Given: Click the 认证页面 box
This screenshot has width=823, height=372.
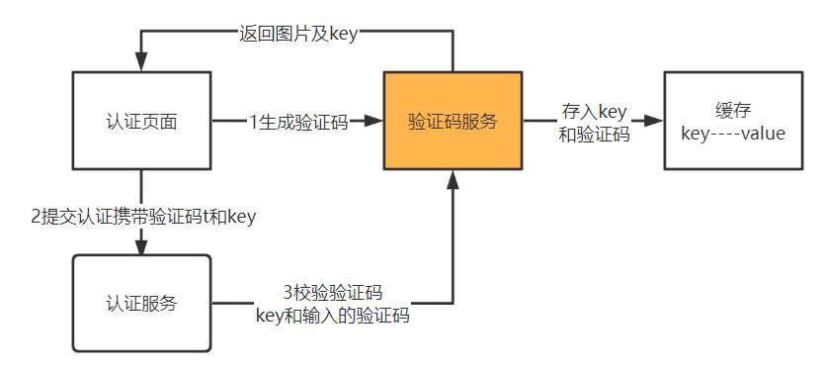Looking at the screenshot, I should tap(141, 120).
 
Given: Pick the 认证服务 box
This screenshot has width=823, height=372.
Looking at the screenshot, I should tap(141, 303).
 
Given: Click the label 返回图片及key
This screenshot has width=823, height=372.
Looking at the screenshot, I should tap(298, 34).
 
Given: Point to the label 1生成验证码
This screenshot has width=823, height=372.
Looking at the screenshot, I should tap(298, 122).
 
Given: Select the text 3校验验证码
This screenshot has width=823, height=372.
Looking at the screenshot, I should tap(333, 293).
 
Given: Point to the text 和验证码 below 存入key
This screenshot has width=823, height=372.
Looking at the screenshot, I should tap(594, 135).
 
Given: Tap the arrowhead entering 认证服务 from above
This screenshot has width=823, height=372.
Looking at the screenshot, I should tap(141, 247).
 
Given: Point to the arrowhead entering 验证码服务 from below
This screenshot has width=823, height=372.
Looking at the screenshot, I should tap(453, 178).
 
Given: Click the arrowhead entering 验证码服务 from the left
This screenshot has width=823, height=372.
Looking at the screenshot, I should tap(372, 121).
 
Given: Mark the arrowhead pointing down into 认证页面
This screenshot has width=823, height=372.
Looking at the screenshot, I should tap(141, 62).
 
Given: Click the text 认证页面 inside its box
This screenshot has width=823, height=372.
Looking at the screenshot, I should tap(141, 122).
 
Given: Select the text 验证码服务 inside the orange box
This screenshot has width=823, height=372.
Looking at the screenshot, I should tap(452, 122).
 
